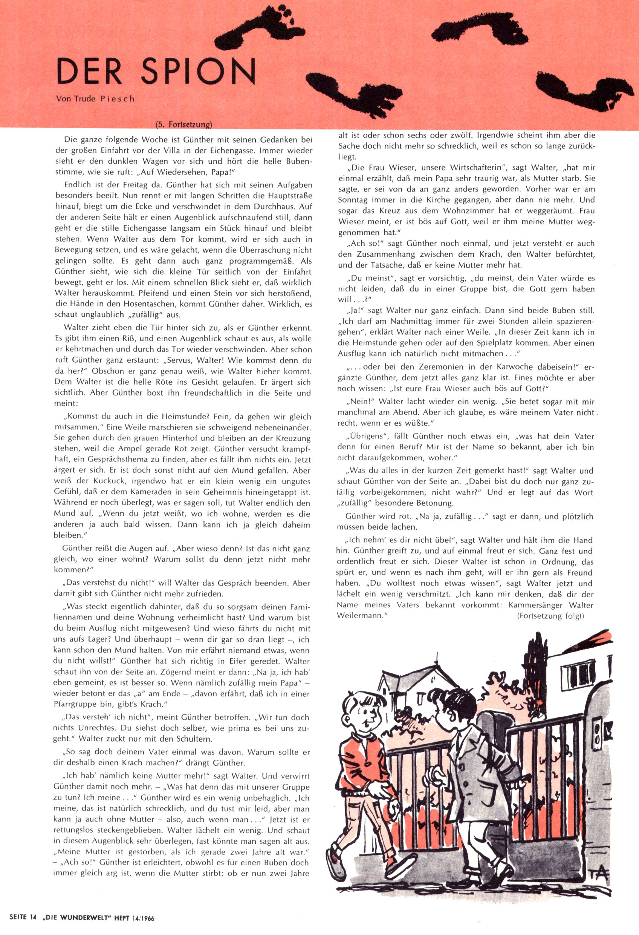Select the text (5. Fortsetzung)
[x=183, y=124]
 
